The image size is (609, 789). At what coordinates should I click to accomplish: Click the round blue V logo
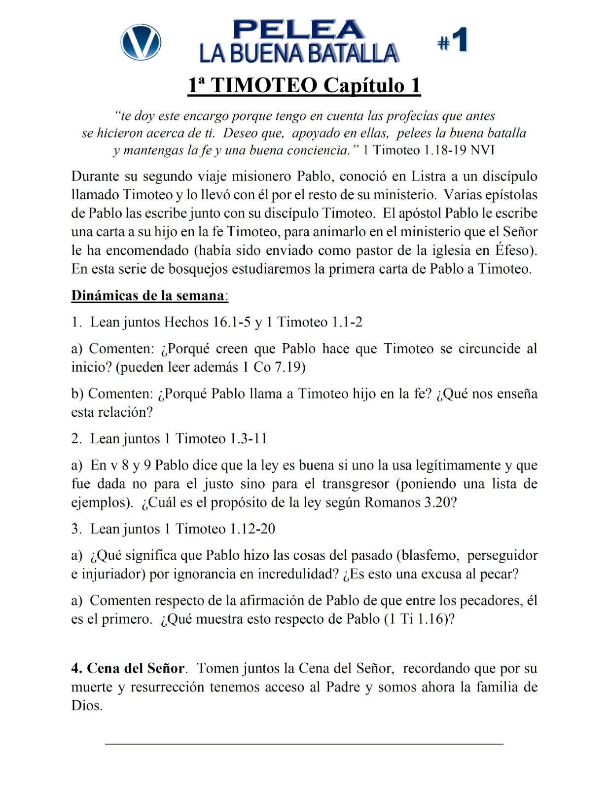[141, 42]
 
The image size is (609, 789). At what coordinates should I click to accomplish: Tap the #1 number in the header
[453, 40]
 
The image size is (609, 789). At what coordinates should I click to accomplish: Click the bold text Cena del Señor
[136, 669]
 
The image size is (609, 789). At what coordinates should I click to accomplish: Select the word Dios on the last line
[86, 706]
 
